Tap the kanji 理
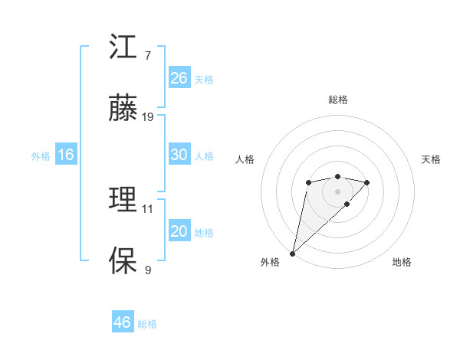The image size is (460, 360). (x=123, y=200)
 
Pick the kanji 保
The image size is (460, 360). (x=123, y=260)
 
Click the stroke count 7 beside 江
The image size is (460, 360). (x=147, y=56)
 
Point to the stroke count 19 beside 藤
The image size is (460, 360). (x=148, y=117)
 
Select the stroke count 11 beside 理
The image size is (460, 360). (x=148, y=208)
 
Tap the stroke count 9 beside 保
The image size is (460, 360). (x=147, y=270)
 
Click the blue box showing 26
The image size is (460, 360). (x=179, y=78)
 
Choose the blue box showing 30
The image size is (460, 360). (x=179, y=155)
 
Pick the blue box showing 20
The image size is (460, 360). (x=179, y=231)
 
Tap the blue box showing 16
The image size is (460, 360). (x=66, y=155)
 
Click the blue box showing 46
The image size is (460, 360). (x=123, y=322)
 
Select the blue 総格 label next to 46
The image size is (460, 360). (x=147, y=324)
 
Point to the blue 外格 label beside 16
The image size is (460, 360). (x=41, y=156)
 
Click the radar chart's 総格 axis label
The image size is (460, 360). (x=337, y=100)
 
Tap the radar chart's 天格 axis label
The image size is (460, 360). (x=432, y=159)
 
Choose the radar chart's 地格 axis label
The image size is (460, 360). (x=402, y=262)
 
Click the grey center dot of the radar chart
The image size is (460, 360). (x=337, y=191)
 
